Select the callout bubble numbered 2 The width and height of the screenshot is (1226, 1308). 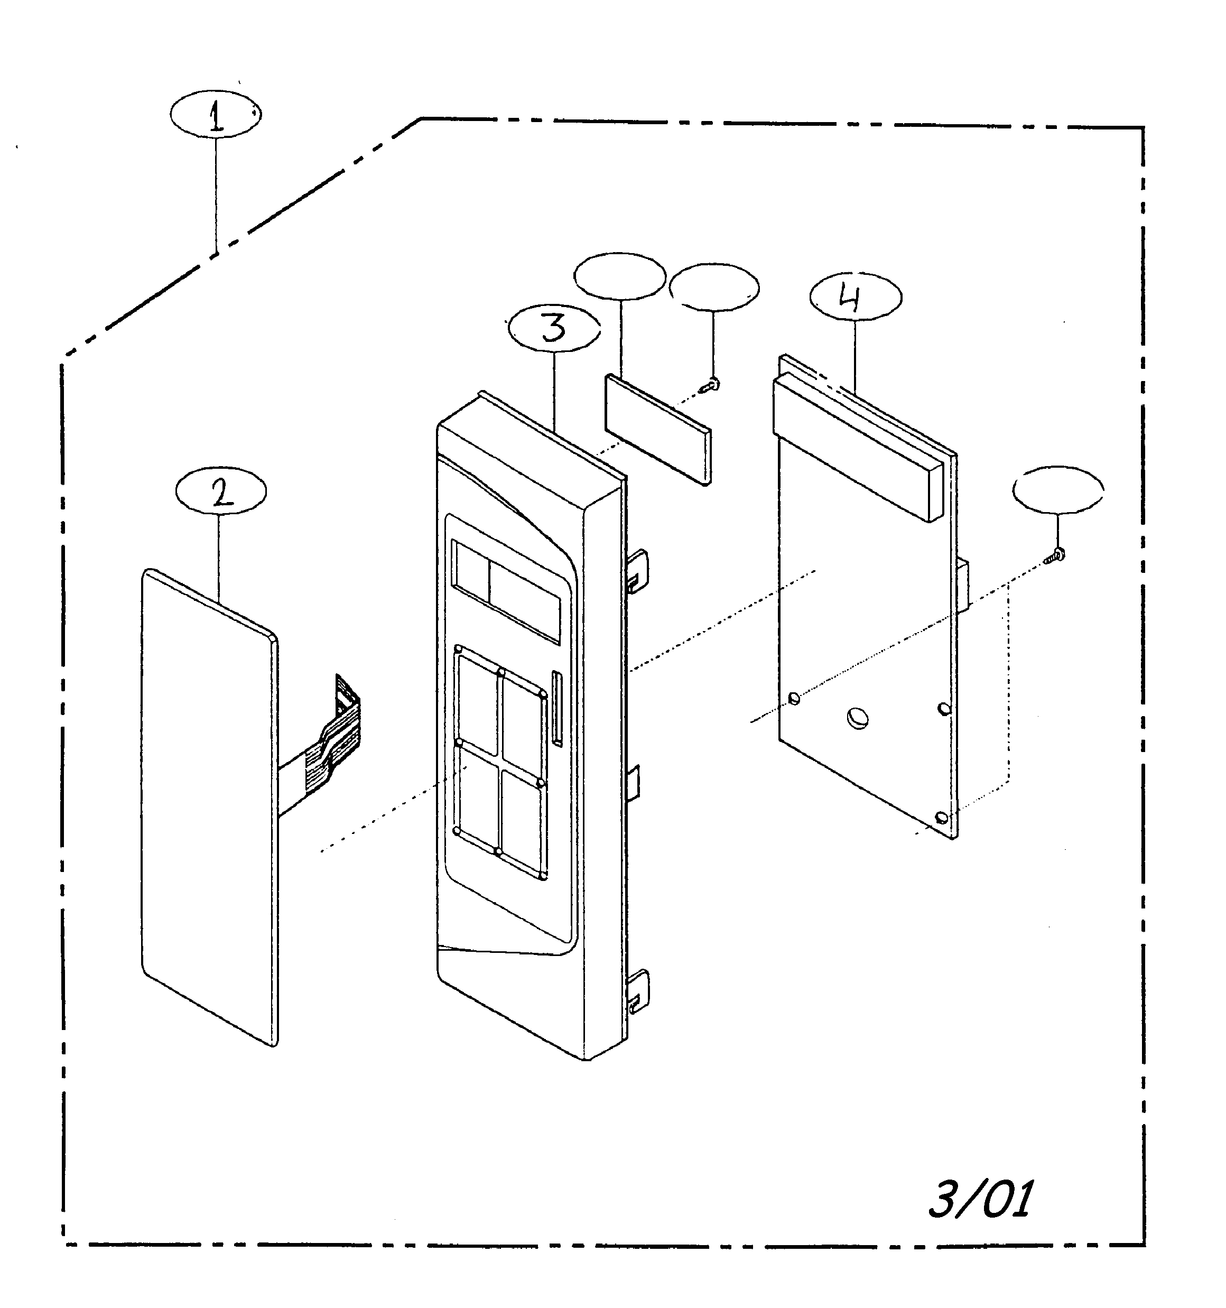221,491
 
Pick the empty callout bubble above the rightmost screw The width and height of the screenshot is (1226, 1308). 1058,490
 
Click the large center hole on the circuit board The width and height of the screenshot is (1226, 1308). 858,718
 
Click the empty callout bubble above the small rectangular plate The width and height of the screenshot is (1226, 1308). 619,276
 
